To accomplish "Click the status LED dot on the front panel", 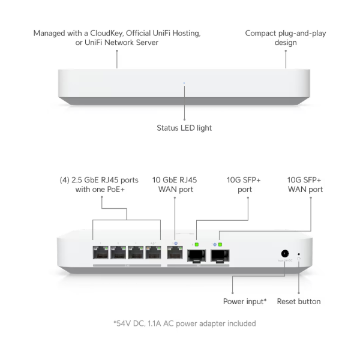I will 184,84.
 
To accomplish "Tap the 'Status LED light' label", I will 184,128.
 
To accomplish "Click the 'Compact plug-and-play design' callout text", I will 286,38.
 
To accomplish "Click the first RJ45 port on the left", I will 101,254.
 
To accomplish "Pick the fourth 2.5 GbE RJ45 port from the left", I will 153,254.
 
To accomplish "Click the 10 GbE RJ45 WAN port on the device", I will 175,254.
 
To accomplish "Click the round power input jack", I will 285,254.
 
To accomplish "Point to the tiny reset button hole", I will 299,254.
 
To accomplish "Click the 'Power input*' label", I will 245,301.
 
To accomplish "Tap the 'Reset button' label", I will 299,301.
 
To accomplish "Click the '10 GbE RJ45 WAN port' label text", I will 175,184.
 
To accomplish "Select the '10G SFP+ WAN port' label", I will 305,184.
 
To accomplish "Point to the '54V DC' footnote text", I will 130,323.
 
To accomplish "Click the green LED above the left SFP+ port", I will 197,244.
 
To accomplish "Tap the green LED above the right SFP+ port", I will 220,244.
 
